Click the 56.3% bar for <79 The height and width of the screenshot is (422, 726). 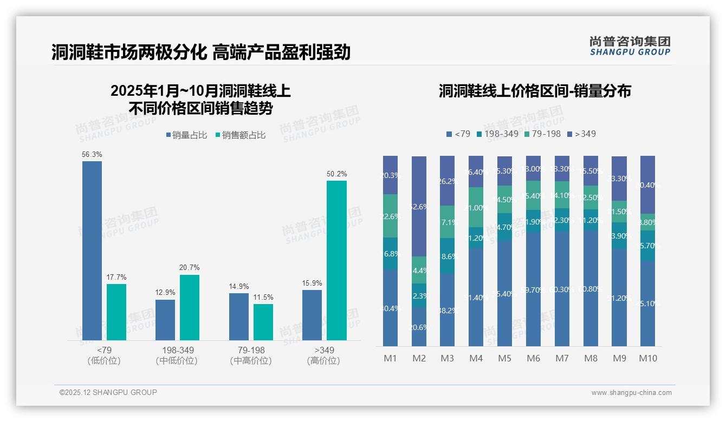[x=92, y=250]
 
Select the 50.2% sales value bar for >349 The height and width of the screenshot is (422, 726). [x=336, y=260]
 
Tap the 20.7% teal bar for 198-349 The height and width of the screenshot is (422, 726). [x=190, y=307]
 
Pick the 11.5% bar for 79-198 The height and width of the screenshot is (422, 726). [x=263, y=322]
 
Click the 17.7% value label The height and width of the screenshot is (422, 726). [x=116, y=277]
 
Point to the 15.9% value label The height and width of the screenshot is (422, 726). [x=312, y=283]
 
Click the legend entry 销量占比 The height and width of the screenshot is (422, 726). [x=186, y=135]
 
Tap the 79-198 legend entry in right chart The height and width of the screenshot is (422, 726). [x=542, y=134]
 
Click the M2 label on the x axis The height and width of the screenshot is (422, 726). [x=419, y=358]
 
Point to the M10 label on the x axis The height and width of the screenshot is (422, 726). [x=647, y=358]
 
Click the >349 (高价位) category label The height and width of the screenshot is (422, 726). [x=323, y=355]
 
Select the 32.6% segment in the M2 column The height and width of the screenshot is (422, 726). [x=419, y=206]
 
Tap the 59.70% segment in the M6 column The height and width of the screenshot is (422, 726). [x=533, y=289]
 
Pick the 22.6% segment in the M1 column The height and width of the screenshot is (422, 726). [x=390, y=216]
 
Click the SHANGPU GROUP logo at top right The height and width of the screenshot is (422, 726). [x=630, y=46]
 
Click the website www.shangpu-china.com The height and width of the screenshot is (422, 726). [x=631, y=393]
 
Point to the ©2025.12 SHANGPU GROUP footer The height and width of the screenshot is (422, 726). [x=108, y=392]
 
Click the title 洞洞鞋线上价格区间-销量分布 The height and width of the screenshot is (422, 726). [x=535, y=91]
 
